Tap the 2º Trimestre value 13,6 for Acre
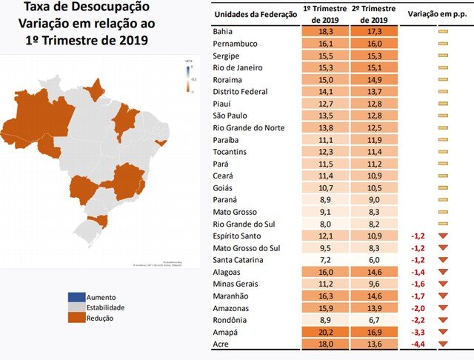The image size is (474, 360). click(x=373, y=343)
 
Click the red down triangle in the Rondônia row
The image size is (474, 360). click(x=444, y=319)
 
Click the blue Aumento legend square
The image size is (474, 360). click(x=73, y=296)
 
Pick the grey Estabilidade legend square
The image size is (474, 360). click(x=73, y=307)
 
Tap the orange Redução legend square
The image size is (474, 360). click(x=73, y=319)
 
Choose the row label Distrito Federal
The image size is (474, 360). click(x=240, y=92)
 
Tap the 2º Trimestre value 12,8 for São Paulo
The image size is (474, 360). click(x=373, y=116)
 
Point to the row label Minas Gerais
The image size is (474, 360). click(x=236, y=284)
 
